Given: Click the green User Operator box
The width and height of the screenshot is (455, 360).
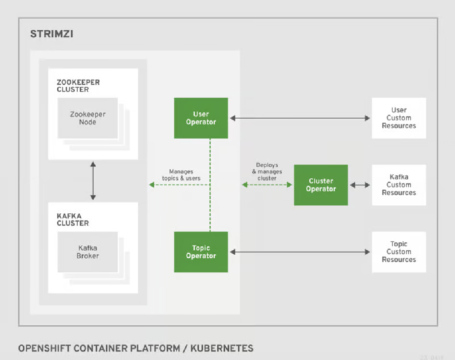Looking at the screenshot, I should (x=201, y=118).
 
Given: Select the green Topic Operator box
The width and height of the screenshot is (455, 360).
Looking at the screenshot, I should (x=201, y=252).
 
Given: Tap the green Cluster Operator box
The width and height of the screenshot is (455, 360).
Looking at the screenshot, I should (x=321, y=185).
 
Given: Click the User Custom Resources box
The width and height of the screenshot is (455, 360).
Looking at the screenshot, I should (x=399, y=118).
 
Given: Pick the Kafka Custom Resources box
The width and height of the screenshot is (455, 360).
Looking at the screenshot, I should (x=399, y=185).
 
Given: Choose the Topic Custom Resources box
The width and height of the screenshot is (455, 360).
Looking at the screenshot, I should (x=399, y=252).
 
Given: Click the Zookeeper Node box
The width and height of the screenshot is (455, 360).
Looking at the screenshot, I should (x=88, y=118).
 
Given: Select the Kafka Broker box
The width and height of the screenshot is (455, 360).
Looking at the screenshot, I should (x=88, y=252).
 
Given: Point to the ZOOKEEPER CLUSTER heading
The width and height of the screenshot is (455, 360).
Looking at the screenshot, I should (x=78, y=86).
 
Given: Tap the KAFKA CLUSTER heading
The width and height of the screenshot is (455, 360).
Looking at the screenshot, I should (x=73, y=220).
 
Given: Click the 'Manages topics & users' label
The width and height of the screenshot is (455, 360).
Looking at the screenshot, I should (x=181, y=175).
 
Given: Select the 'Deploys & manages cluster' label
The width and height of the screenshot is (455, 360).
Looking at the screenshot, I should (x=267, y=172).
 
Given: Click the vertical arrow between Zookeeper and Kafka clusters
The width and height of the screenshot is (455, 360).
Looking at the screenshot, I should (x=93, y=181).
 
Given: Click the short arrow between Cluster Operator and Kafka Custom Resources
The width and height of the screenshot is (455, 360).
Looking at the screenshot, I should (x=359, y=185).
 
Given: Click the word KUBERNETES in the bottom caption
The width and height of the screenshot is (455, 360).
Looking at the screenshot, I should (x=222, y=348).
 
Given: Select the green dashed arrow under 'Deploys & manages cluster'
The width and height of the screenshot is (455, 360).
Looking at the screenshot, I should (x=267, y=185).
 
